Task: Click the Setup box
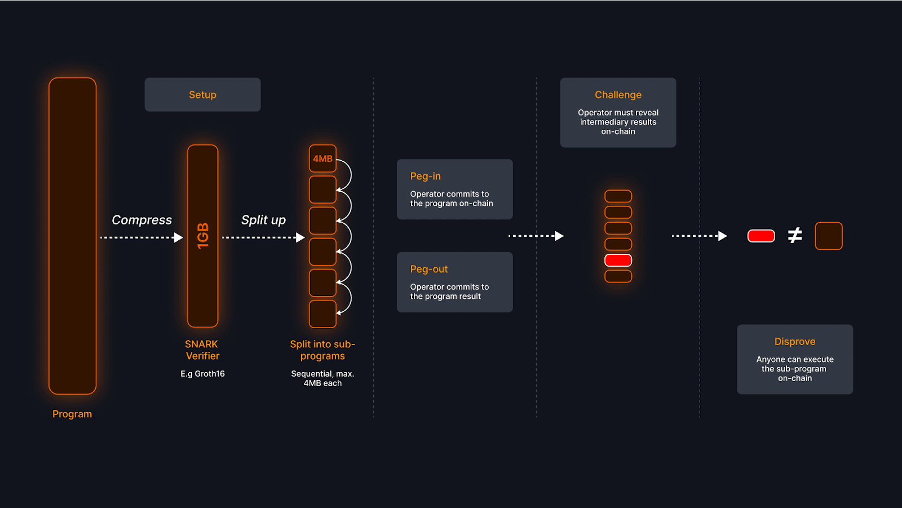click(202, 95)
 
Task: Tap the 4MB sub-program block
click(322, 158)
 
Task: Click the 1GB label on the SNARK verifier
click(203, 236)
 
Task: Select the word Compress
click(142, 220)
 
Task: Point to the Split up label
click(263, 220)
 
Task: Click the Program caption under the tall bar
click(72, 414)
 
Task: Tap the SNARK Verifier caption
click(202, 350)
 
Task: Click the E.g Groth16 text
click(202, 374)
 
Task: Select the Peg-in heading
click(426, 176)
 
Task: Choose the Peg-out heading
click(429, 270)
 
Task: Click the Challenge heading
click(618, 95)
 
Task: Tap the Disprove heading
click(795, 342)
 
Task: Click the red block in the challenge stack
click(618, 260)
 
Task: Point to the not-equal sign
click(795, 235)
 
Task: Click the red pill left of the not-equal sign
click(761, 236)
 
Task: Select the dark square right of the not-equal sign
click(829, 236)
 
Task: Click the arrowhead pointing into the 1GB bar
click(179, 237)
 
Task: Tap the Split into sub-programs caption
click(322, 350)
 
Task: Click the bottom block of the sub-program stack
click(322, 314)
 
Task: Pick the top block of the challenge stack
click(618, 196)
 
